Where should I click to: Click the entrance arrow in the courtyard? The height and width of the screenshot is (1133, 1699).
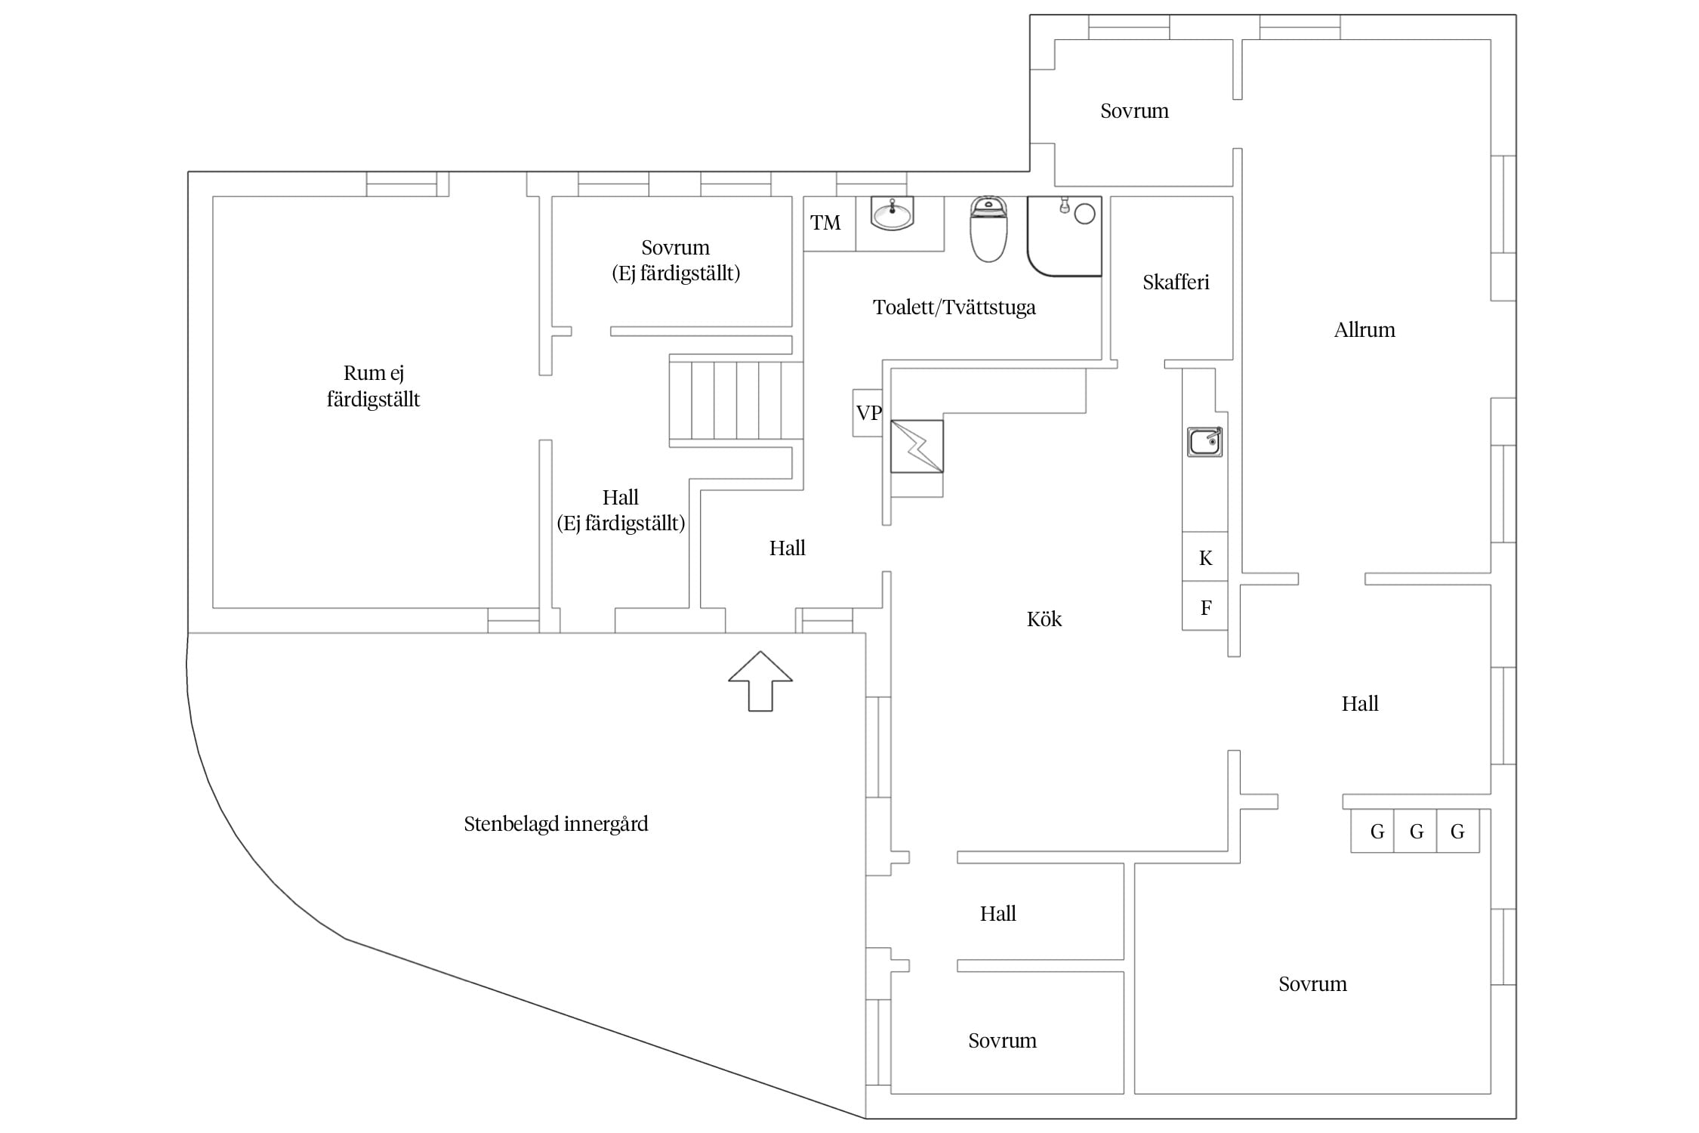pos(760,681)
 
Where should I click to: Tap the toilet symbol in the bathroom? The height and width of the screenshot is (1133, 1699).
pos(988,228)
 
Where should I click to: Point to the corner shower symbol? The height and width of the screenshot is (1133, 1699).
pos(1064,236)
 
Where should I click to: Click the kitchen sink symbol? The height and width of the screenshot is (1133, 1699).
pos(1204,442)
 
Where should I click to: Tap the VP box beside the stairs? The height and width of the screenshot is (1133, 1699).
pos(868,413)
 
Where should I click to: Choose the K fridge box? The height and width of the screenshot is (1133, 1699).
pos(1204,557)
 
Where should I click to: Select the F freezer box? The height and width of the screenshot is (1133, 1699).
pos(1204,606)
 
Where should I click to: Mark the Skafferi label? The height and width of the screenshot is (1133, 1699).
pos(1176,282)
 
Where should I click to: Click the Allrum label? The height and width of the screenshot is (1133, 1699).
pos(1364,330)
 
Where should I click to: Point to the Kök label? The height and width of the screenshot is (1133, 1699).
pos(1044,619)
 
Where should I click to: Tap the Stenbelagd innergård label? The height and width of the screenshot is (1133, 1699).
pos(556,824)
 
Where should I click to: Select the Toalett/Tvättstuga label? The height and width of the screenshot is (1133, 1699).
pos(954,307)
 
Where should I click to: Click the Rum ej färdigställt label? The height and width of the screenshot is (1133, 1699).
pos(373,386)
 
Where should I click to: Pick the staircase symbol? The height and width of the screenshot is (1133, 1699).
pos(736,400)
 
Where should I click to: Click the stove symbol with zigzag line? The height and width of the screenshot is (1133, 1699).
pos(917,446)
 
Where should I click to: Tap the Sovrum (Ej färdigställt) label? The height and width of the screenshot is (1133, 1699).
pos(676,261)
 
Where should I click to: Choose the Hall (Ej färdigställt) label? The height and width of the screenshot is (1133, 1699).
pos(621,511)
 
